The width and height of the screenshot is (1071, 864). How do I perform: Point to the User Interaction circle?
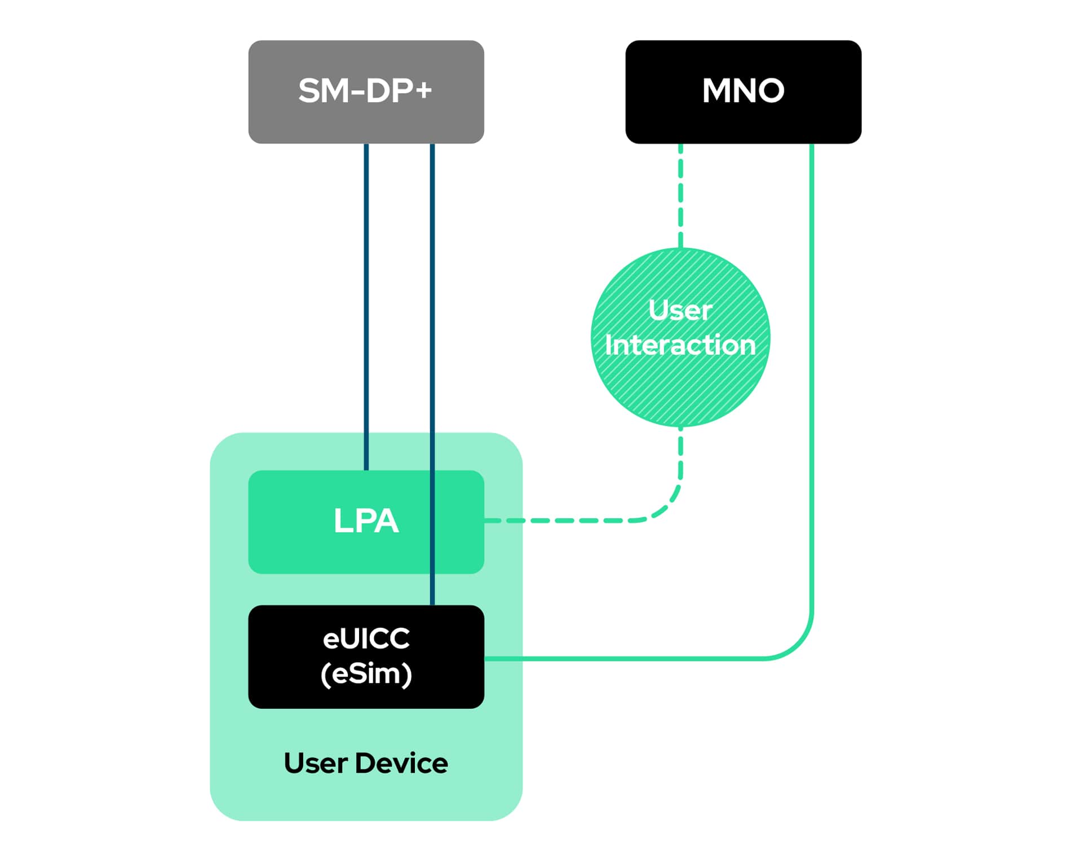tap(680, 383)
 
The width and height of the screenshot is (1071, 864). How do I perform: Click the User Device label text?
tap(366, 763)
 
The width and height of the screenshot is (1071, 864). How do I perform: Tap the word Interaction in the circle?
tap(680, 345)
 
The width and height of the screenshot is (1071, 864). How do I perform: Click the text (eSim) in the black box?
tap(366, 674)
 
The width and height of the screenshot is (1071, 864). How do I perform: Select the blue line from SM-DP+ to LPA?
tap(366, 305)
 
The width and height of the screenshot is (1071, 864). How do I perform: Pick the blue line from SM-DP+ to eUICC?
tap(432, 305)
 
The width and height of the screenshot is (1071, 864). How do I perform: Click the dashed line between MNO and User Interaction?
tap(680, 197)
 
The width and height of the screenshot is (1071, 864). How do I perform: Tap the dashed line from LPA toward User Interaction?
tap(564, 520)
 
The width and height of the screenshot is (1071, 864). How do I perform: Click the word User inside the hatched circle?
tap(680, 310)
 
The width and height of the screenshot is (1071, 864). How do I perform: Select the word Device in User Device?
tap(402, 763)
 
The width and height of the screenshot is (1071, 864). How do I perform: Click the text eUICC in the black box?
tap(366, 638)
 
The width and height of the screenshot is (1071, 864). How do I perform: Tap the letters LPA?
tap(366, 521)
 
